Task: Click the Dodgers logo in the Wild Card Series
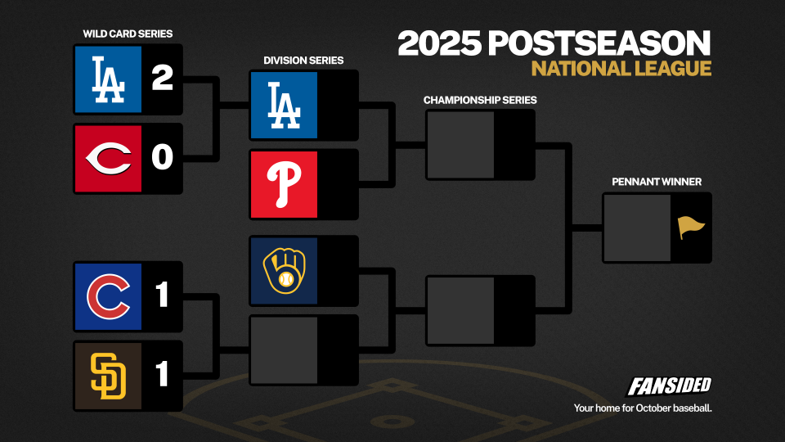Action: click(x=108, y=79)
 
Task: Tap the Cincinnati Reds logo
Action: click(x=109, y=158)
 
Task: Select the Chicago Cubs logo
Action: click(x=108, y=296)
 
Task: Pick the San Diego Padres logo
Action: click(x=108, y=376)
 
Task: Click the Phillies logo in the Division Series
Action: click(x=284, y=184)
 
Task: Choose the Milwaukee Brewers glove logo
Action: click(x=285, y=271)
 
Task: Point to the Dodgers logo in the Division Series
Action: click(x=284, y=106)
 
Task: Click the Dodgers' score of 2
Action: click(x=162, y=78)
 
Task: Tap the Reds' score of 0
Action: click(x=162, y=157)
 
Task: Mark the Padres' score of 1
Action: click(x=162, y=373)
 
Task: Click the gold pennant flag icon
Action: click(x=691, y=228)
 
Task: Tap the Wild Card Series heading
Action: click(x=128, y=34)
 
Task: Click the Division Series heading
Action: click(x=303, y=61)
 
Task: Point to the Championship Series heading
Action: click(x=480, y=100)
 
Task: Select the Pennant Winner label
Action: click(x=657, y=182)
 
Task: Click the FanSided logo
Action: click(x=669, y=386)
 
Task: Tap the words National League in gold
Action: click(x=621, y=69)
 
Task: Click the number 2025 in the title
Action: click(x=440, y=43)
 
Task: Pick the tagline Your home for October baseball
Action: click(x=643, y=408)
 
